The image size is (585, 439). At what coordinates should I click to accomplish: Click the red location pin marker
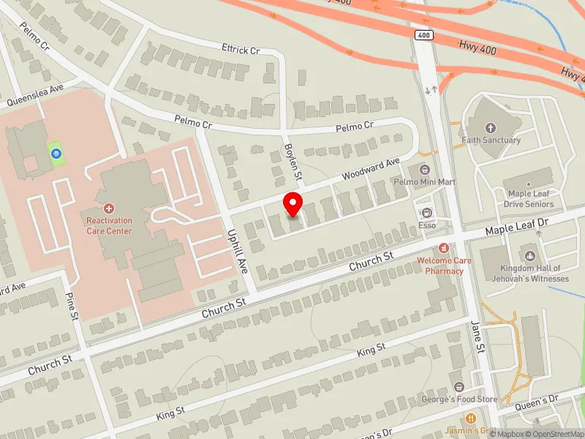coord(293,204)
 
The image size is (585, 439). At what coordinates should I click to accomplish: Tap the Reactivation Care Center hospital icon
coord(109,209)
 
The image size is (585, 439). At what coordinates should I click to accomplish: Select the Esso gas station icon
coord(427,213)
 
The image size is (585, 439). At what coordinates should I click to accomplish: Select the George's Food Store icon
coord(458,386)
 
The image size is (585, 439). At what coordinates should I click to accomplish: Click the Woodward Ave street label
coord(372,170)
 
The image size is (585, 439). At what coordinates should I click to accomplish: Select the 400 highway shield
coord(424,35)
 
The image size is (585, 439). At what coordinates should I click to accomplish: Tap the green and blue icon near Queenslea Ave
coord(56,153)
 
